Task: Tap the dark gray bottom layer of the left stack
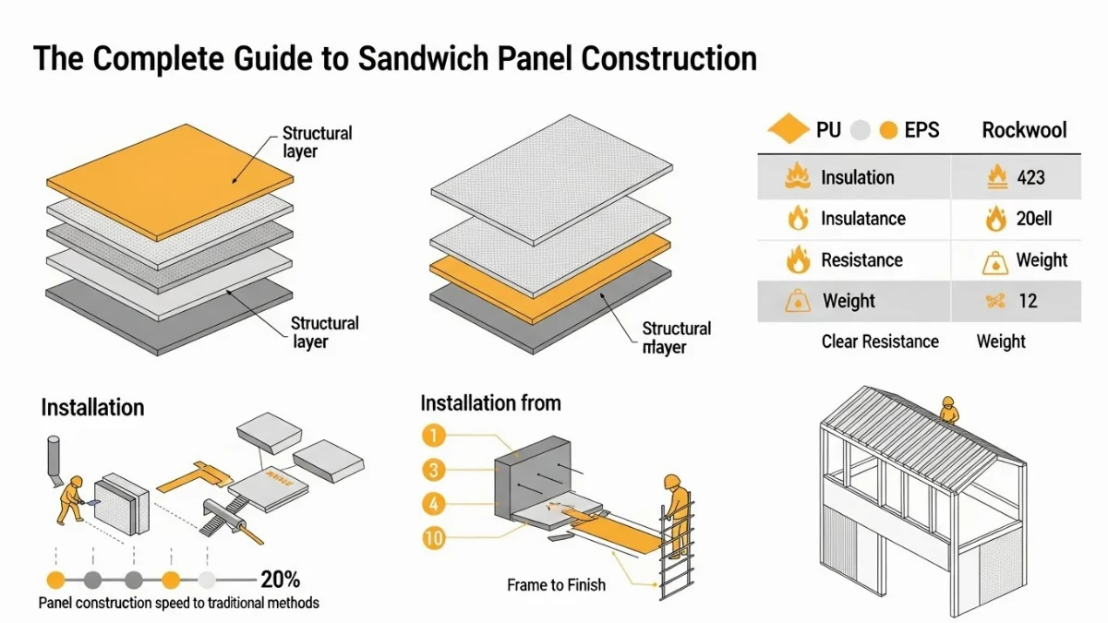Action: pos(171,318)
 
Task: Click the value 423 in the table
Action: pos(1030,177)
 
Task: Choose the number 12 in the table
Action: pos(1028,301)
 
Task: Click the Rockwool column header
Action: pos(1024,130)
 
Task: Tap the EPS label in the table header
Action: pos(921,130)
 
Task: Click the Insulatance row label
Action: pos(862,219)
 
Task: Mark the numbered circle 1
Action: pos(433,434)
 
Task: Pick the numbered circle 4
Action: pos(433,504)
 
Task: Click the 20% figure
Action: pos(280,580)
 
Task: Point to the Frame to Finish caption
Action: pos(556,584)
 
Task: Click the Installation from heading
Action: pos(490,403)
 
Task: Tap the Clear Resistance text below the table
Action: pos(879,341)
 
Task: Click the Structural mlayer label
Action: pos(676,338)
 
